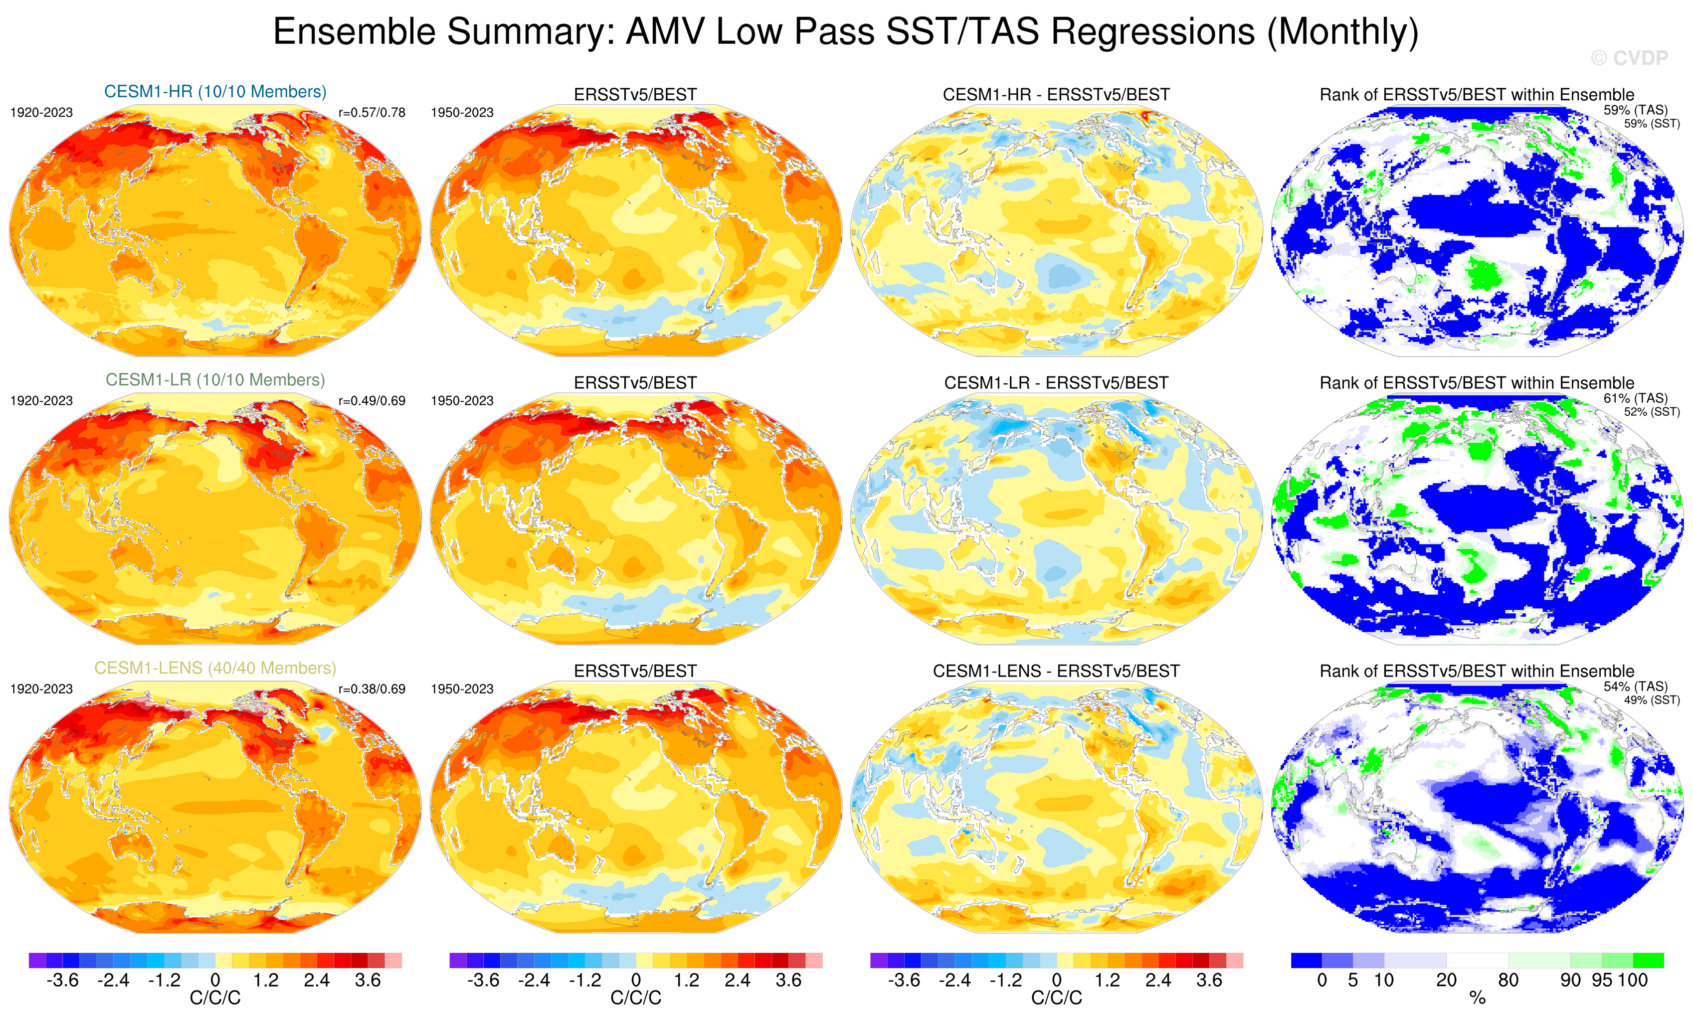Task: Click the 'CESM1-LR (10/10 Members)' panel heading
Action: (215, 380)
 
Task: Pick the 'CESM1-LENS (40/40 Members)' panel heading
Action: (215, 668)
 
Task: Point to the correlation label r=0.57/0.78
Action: (372, 113)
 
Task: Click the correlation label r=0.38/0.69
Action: (372, 688)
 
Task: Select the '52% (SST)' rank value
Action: (1652, 412)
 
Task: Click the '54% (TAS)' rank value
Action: (1635, 685)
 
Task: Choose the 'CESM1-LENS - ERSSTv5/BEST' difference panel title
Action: (1056, 671)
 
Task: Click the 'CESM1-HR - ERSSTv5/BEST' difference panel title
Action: (1056, 95)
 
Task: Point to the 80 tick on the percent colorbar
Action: (1508, 981)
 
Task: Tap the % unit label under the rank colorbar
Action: (1477, 999)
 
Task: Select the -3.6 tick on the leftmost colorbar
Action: (62, 981)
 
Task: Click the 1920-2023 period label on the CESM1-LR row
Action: (41, 400)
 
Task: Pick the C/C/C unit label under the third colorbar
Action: (1056, 999)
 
